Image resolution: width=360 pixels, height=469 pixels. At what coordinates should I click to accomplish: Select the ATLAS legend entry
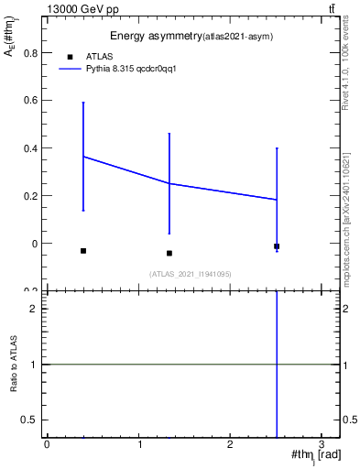[x=98, y=56]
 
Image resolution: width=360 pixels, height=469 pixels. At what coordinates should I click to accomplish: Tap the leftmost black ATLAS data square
[x=83, y=251]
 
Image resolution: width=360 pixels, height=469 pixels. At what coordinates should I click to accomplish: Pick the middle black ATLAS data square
[x=169, y=253]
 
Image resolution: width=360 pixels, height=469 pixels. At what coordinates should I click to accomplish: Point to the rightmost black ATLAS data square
[x=277, y=246]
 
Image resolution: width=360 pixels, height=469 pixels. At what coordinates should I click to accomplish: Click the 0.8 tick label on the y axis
[x=30, y=52]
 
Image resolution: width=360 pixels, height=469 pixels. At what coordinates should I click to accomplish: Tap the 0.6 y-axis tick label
[x=30, y=100]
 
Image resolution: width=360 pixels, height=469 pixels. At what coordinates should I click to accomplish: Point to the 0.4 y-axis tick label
[x=30, y=147]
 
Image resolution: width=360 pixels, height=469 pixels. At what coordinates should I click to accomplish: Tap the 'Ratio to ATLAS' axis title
[x=14, y=365]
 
